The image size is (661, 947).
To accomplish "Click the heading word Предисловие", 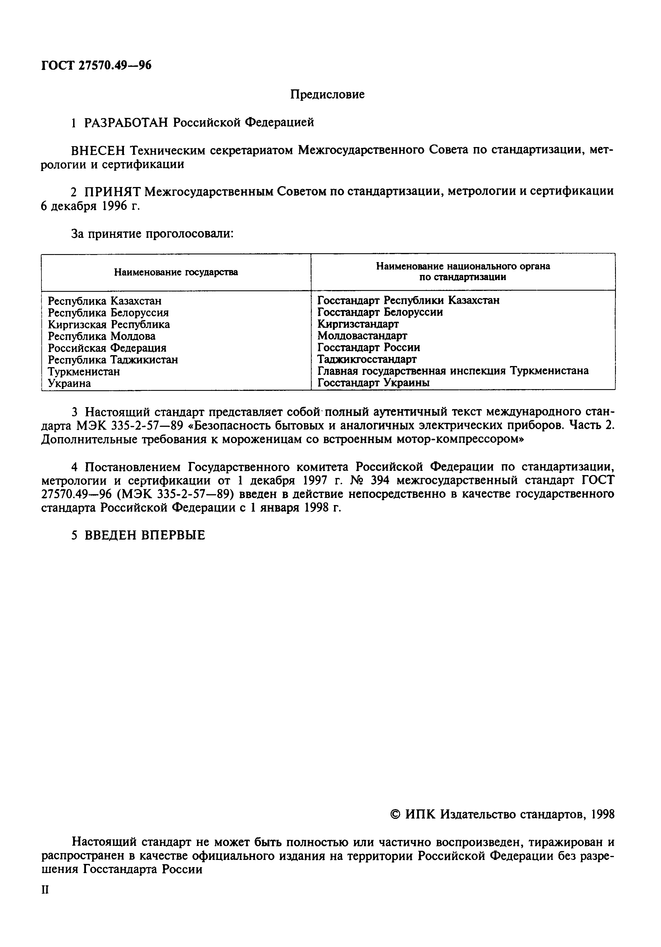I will click(x=327, y=95).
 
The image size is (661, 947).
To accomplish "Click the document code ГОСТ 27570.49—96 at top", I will click(x=97, y=65).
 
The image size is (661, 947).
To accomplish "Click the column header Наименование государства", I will click(x=176, y=272).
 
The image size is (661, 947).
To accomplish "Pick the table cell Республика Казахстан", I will click(x=105, y=301).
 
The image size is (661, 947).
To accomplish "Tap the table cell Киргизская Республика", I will click(x=109, y=324).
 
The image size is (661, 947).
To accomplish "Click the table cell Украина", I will click(x=69, y=383).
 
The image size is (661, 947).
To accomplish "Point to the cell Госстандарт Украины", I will click(x=373, y=383).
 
